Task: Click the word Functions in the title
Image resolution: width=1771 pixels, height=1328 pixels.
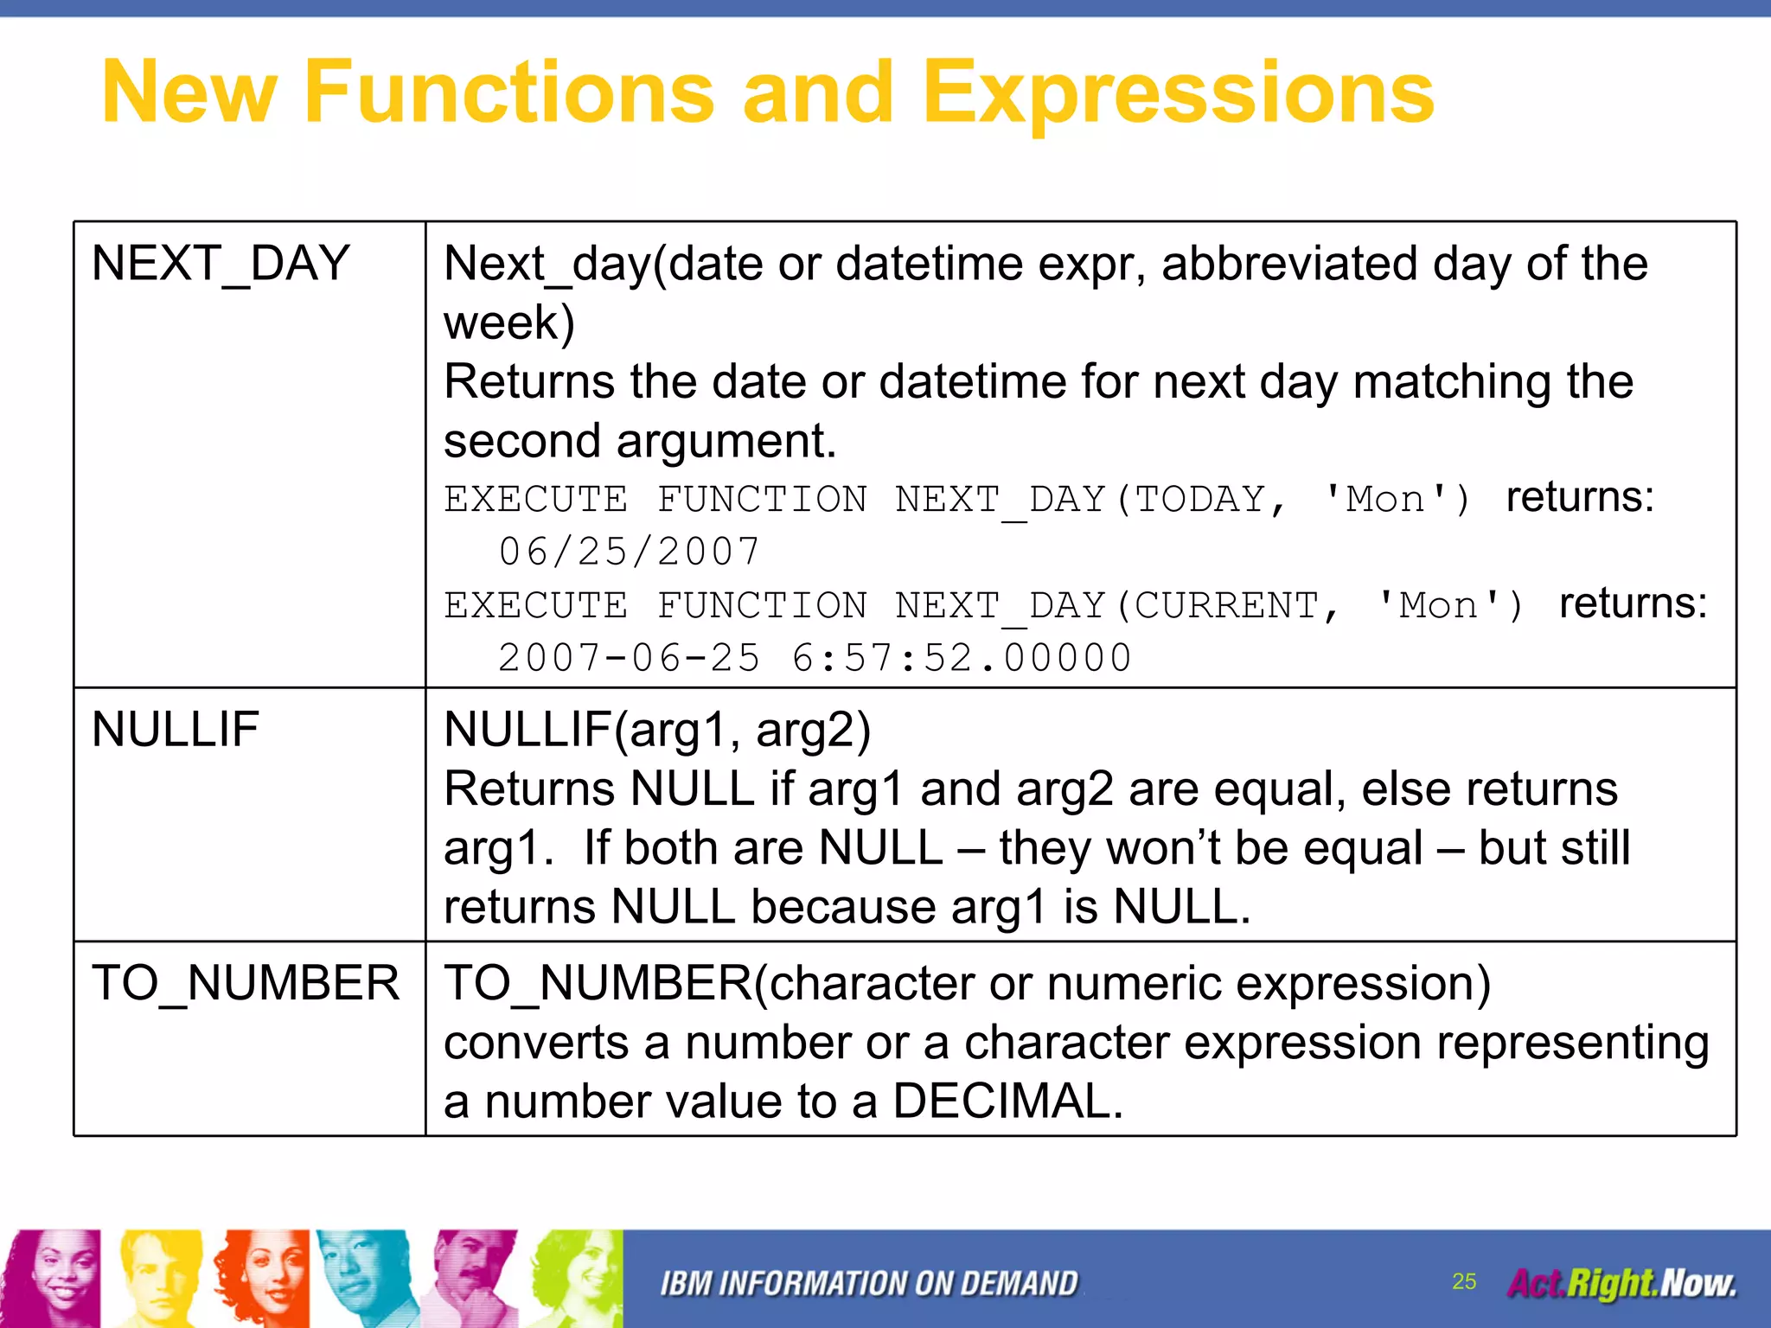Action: [508, 93]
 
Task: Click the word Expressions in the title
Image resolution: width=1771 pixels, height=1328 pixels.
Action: [1178, 93]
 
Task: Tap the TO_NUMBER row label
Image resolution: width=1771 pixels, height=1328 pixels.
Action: [246, 984]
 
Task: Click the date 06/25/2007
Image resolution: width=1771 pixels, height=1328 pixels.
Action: [630, 552]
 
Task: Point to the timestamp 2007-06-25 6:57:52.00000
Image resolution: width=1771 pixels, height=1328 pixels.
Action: [814, 658]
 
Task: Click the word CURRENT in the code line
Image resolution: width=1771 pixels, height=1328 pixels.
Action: [1226, 605]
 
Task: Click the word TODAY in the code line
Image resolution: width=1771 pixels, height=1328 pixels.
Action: [1200, 499]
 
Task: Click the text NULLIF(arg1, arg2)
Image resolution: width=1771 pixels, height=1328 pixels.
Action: [657, 730]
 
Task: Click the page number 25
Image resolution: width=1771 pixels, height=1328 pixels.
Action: [1464, 1281]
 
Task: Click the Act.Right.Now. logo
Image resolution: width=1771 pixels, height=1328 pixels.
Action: [1621, 1284]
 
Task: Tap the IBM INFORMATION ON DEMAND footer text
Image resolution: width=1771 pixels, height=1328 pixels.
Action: [869, 1284]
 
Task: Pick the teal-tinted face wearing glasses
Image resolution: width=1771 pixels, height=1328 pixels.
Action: [363, 1278]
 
